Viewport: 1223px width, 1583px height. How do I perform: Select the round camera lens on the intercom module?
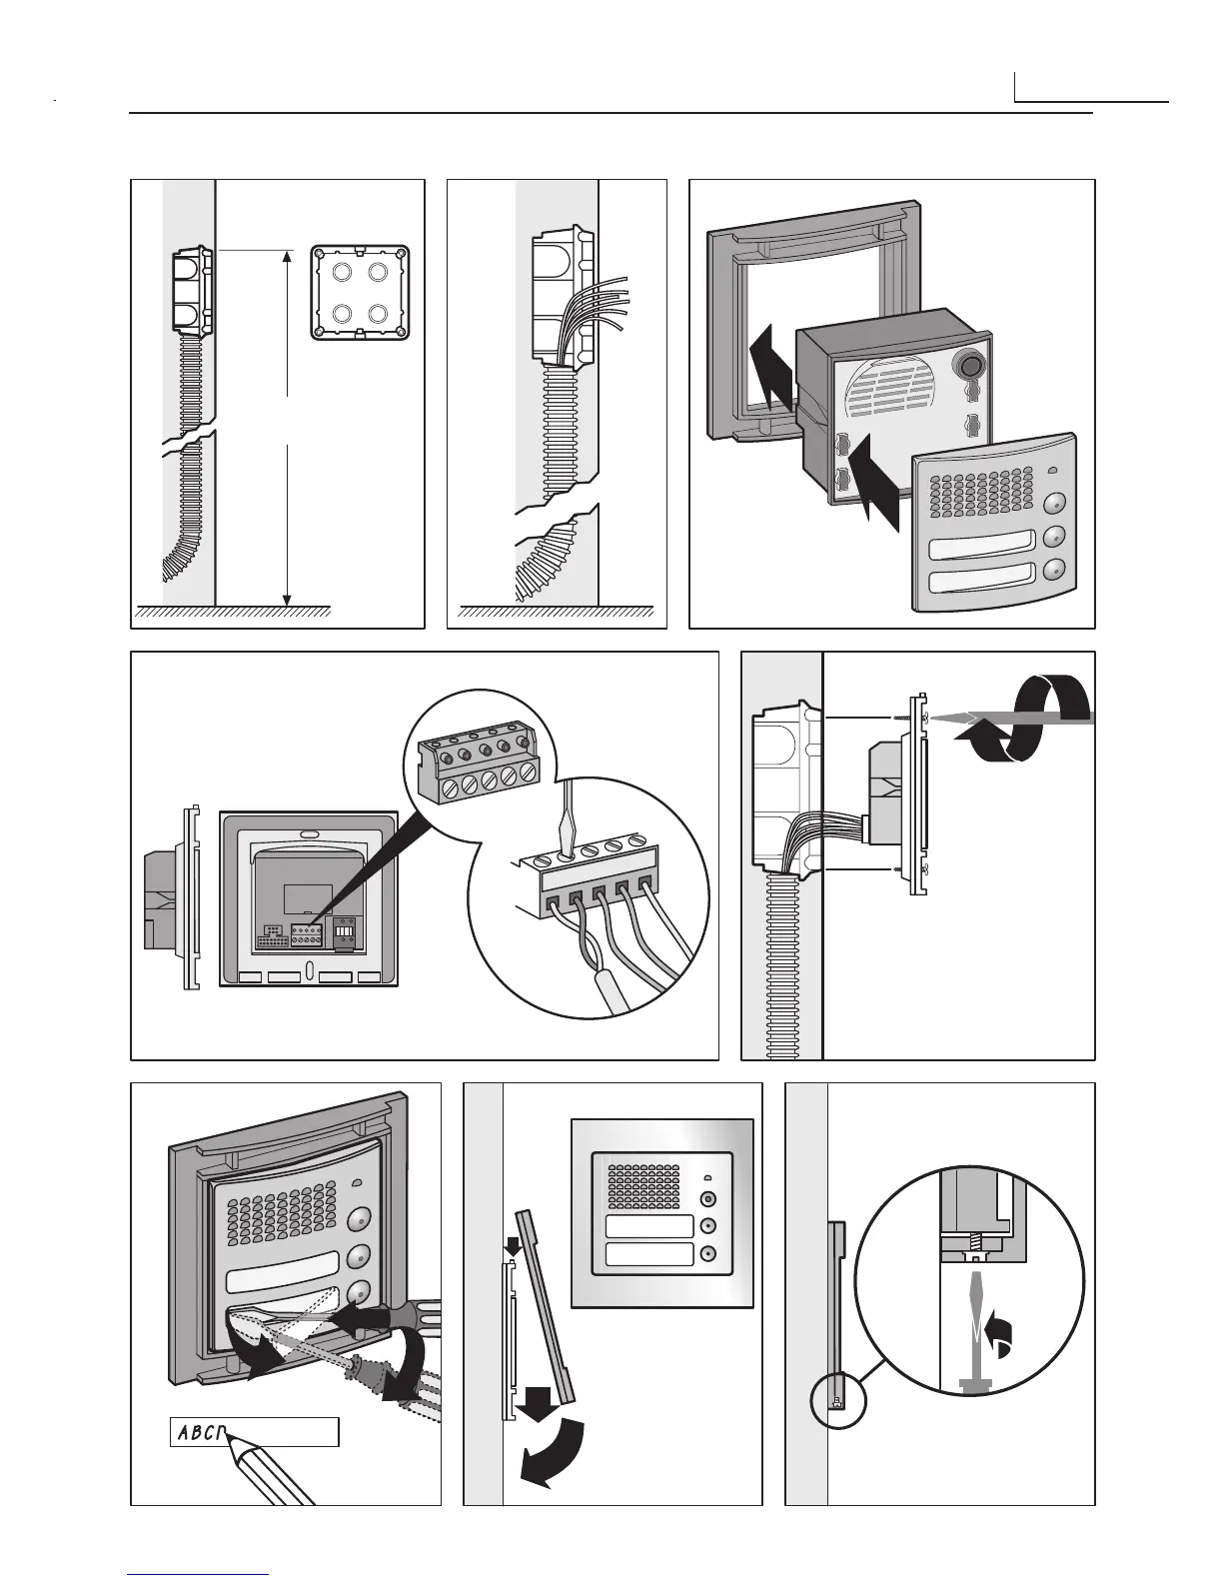pos(968,365)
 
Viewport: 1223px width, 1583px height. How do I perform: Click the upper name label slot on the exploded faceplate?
pos(982,548)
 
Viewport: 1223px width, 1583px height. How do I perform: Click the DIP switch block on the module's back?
pos(344,928)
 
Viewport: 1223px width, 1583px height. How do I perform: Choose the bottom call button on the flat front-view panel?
pos(708,1255)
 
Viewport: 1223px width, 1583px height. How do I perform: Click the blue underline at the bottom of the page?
pos(199,1573)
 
